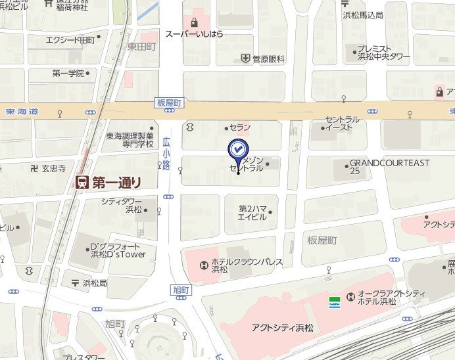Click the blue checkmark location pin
(x=237, y=150)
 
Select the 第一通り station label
(x=116, y=182)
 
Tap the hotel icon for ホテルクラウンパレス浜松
(x=204, y=265)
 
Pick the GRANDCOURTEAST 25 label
(x=389, y=167)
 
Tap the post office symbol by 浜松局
(x=74, y=283)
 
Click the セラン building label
(x=241, y=127)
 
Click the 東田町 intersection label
(x=142, y=47)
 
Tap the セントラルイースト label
(x=343, y=124)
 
